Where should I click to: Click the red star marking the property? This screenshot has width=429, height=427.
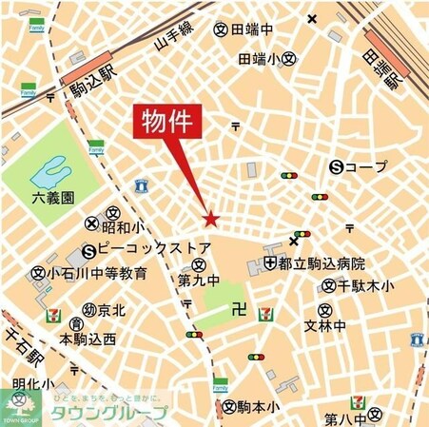[210, 221]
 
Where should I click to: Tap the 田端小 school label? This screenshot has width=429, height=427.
[260, 59]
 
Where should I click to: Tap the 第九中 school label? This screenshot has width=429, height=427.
[199, 281]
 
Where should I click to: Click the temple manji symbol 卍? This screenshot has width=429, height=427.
[239, 310]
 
